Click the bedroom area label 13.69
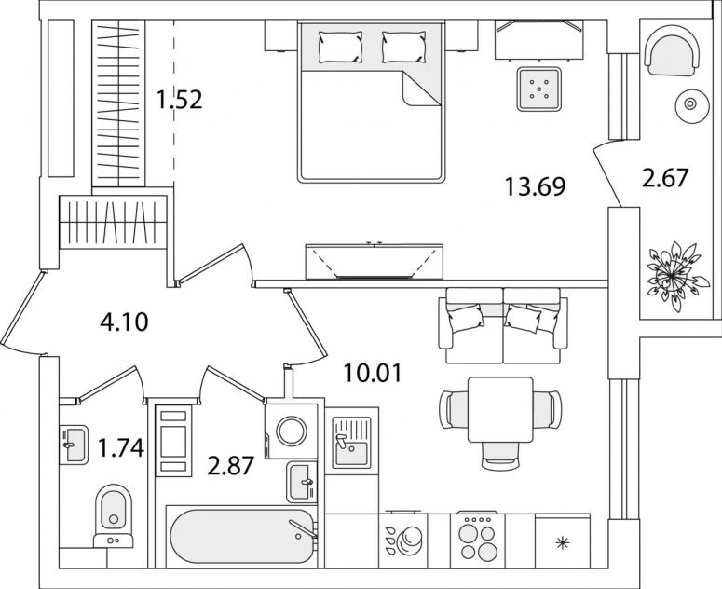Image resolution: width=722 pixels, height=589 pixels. [535, 186]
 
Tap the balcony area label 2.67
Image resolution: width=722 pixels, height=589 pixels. [665, 178]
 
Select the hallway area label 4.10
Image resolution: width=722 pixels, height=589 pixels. [124, 322]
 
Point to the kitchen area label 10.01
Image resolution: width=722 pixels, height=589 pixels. [373, 373]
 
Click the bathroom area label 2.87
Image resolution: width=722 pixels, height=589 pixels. [230, 466]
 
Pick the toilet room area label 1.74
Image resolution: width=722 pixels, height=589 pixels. [121, 448]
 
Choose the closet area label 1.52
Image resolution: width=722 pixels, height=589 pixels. [179, 100]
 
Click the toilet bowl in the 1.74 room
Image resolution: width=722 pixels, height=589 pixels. [114, 515]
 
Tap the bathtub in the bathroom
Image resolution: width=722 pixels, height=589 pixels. [241, 536]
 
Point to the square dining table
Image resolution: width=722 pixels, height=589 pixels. [500, 409]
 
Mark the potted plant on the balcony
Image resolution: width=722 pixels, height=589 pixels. [674, 276]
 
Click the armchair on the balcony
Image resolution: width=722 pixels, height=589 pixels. [673, 55]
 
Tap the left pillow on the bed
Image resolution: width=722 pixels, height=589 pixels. [340, 47]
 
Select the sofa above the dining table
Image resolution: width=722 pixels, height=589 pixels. [503, 325]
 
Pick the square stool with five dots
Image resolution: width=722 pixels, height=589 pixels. [538, 89]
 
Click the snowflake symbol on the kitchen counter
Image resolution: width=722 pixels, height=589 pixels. [562, 543]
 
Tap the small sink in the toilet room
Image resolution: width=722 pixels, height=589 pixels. [74, 445]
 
